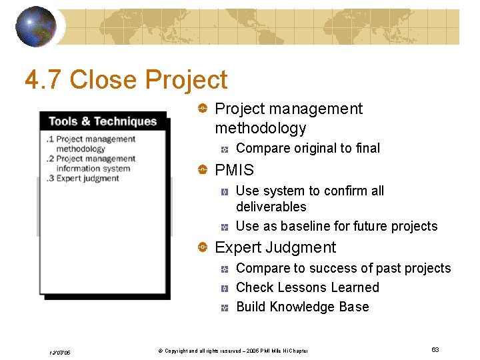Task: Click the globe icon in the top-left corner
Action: tap(36, 27)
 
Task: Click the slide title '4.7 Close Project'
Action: tap(126, 80)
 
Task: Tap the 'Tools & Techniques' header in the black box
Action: tap(103, 121)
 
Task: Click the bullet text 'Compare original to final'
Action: tap(308, 148)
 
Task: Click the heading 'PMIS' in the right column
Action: tap(234, 170)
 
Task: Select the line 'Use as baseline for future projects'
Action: tap(337, 226)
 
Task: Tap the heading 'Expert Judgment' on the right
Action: tap(275, 247)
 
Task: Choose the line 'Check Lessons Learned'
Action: tap(307, 287)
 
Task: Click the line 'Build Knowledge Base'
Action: tap(302, 307)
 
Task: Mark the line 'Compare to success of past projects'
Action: tap(343, 268)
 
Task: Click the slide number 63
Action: tap(435, 350)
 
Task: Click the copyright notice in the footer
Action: tap(227, 351)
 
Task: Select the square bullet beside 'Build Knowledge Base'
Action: tap(225, 307)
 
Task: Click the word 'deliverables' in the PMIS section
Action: tap(271, 207)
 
